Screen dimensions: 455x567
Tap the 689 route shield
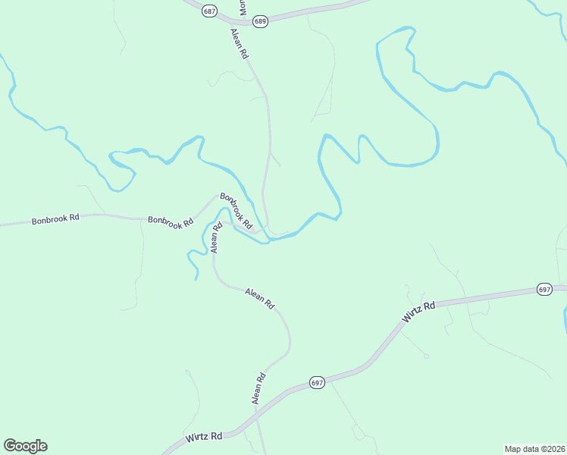[x=260, y=21]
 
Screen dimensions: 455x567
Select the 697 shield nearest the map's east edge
[x=544, y=290]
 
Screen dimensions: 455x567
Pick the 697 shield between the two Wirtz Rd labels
[x=317, y=383]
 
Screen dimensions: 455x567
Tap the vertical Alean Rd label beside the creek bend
[x=215, y=237]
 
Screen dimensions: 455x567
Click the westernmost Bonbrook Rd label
[x=55, y=220]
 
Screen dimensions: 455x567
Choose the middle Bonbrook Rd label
[x=171, y=221]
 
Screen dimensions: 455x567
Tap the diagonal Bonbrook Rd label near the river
[x=236, y=211]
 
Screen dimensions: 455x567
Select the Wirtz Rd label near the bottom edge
[x=204, y=438]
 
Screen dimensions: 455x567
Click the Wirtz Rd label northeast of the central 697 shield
[x=418, y=311]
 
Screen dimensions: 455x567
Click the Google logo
[x=25, y=446]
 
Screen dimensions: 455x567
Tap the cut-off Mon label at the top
[x=243, y=8]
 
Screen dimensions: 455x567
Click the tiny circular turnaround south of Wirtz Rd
[x=426, y=356]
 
